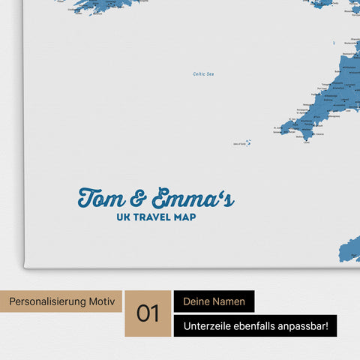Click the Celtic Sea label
point(204,73)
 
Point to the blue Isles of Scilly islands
point(248,142)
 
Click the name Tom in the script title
point(103,199)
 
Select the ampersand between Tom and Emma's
point(139,199)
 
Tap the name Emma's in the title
point(192,199)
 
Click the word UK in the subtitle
point(123,217)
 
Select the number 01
point(148,313)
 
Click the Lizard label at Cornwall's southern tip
point(306,148)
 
